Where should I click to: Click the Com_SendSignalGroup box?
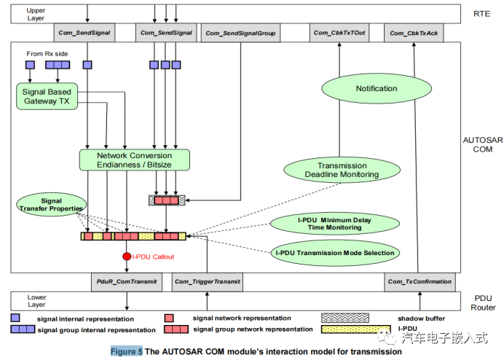(x=240, y=33)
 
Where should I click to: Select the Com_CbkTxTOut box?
(x=339, y=33)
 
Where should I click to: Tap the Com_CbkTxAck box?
(x=413, y=33)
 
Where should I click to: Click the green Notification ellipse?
(x=377, y=89)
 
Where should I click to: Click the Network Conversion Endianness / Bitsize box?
(x=134, y=160)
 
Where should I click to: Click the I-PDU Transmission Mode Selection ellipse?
(x=335, y=253)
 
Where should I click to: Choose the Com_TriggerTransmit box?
(x=207, y=281)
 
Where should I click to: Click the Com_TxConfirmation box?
(x=420, y=281)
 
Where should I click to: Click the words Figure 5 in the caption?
(x=126, y=351)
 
